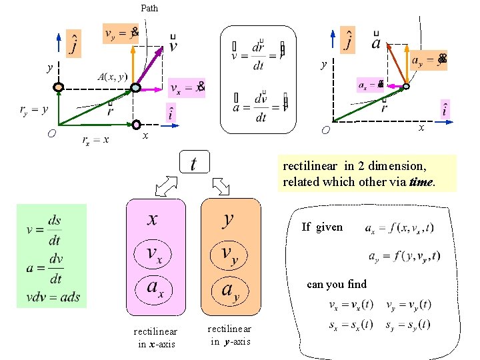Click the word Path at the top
149,9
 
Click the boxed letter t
194,163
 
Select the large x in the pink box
153,218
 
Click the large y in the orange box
229,218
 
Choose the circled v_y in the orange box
228,254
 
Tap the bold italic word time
421,182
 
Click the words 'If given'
322,227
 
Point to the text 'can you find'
337,285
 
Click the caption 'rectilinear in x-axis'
155,338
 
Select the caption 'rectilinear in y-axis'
229,335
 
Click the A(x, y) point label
112,77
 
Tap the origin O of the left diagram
51,133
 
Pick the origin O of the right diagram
325,129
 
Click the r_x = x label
95,140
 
